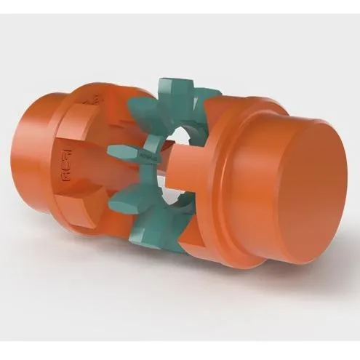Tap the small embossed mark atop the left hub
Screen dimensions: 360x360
[92, 98]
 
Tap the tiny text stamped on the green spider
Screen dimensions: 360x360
[144, 155]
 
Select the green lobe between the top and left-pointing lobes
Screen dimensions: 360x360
[138, 113]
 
